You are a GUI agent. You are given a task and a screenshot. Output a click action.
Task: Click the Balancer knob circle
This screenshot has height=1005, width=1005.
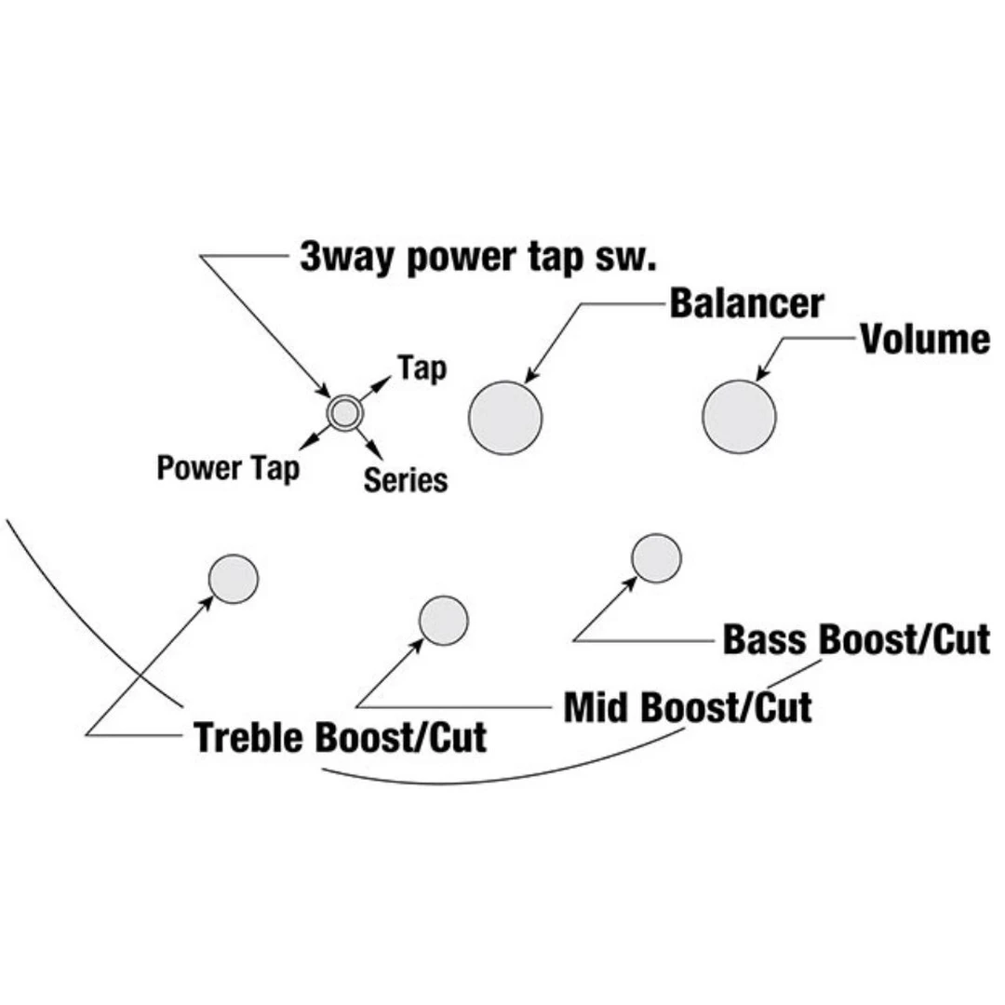point(504,417)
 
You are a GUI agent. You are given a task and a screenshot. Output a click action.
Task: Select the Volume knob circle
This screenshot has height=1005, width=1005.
point(739,416)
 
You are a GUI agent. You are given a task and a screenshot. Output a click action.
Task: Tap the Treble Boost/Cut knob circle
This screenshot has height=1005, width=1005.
point(233,578)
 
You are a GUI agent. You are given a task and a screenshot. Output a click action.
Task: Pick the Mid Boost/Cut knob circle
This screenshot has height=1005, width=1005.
point(444,620)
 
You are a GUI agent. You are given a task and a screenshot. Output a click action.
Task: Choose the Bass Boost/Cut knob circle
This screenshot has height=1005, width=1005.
point(656,558)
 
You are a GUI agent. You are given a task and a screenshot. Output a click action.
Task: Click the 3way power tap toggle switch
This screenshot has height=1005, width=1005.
point(343,411)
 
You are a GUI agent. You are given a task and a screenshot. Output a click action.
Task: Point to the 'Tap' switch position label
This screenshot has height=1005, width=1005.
point(422,368)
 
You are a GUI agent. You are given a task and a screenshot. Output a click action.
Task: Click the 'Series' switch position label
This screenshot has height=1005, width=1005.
point(405,480)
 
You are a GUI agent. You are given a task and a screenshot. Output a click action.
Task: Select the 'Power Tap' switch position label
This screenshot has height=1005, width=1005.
point(228,467)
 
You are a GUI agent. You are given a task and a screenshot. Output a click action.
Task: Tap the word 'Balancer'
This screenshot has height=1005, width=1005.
point(746,304)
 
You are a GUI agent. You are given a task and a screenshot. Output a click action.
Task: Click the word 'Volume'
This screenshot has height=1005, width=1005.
point(924,340)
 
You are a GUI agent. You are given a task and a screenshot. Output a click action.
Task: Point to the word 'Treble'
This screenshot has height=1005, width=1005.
point(250,737)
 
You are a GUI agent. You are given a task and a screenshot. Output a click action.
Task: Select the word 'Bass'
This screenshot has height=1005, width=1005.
point(766,640)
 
